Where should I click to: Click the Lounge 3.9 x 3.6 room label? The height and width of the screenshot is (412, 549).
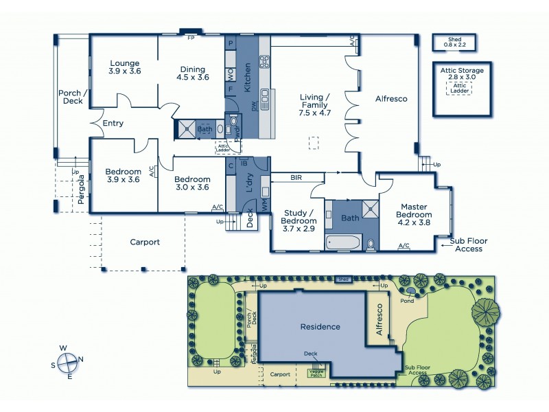click(x=124, y=67)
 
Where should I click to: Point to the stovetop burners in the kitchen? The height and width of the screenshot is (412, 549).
click(x=264, y=62)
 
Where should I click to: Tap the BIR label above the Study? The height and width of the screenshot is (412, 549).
click(x=296, y=177)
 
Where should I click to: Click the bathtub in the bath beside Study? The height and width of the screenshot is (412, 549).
click(x=342, y=242)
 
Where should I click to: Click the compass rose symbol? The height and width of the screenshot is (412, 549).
click(x=67, y=361)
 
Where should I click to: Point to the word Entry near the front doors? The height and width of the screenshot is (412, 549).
click(x=113, y=124)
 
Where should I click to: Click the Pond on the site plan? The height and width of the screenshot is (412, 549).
click(x=410, y=292)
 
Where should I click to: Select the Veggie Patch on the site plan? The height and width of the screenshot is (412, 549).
click(x=316, y=373)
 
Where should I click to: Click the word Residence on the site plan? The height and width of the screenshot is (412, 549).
click(x=320, y=326)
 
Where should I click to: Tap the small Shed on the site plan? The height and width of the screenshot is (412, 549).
click(x=343, y=279)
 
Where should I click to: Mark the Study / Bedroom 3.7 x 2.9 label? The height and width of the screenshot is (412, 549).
click(x=299, y=221)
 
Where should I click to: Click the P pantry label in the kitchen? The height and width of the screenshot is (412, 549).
click(x=231, y=43)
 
